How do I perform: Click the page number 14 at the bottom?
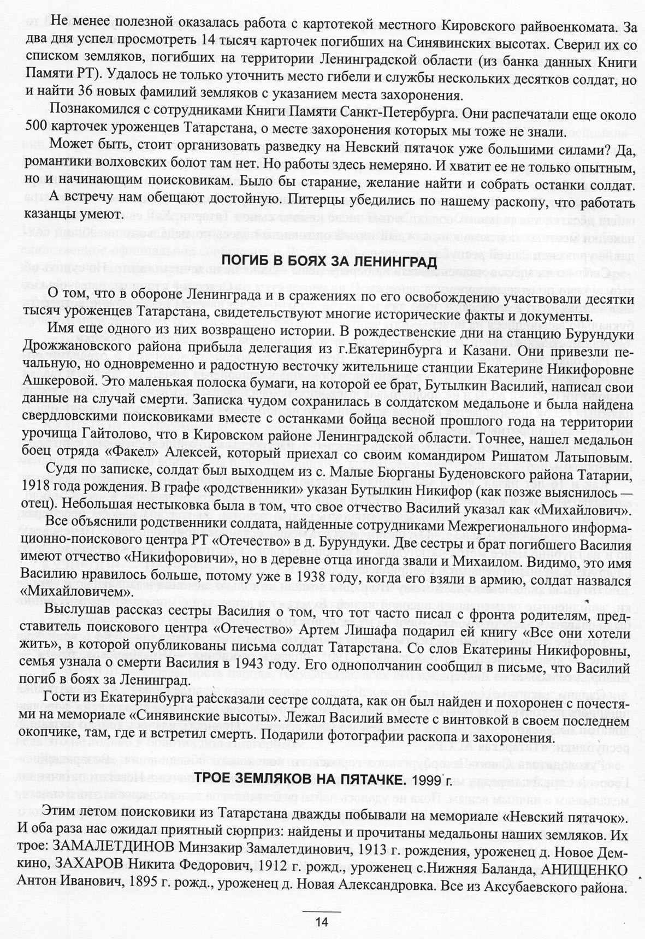[321, 921]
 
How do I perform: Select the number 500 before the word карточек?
[36, 132]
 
